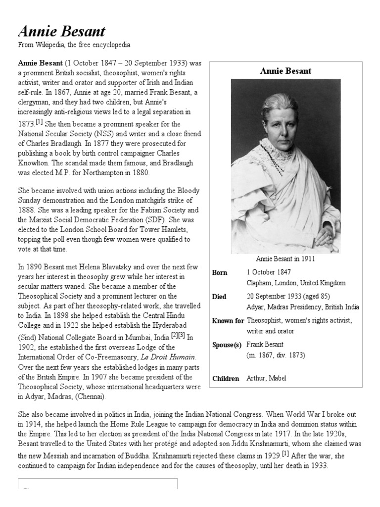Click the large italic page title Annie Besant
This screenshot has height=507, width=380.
(x=62, y=32)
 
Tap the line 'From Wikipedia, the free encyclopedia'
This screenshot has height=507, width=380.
(x=74, y=45)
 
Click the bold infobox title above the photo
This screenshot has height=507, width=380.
(x=285, y=71)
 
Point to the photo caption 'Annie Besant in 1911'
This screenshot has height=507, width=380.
(x=285, y=258)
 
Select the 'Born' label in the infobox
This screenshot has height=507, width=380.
(x=220, y=273)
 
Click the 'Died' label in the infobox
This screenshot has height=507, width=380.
(x=219, y=297)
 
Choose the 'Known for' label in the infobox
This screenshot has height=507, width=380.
(x=228, y=320)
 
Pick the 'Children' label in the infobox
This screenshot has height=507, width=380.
(x=226, y=378)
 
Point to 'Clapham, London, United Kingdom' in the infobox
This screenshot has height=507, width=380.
(x=296, y=283)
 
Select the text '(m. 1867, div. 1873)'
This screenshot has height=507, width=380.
(x=276, y=355)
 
